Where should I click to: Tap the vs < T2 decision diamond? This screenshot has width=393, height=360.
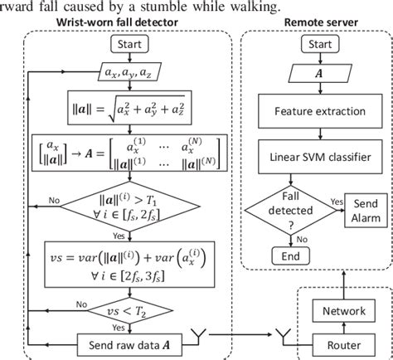(x=128, y=304)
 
